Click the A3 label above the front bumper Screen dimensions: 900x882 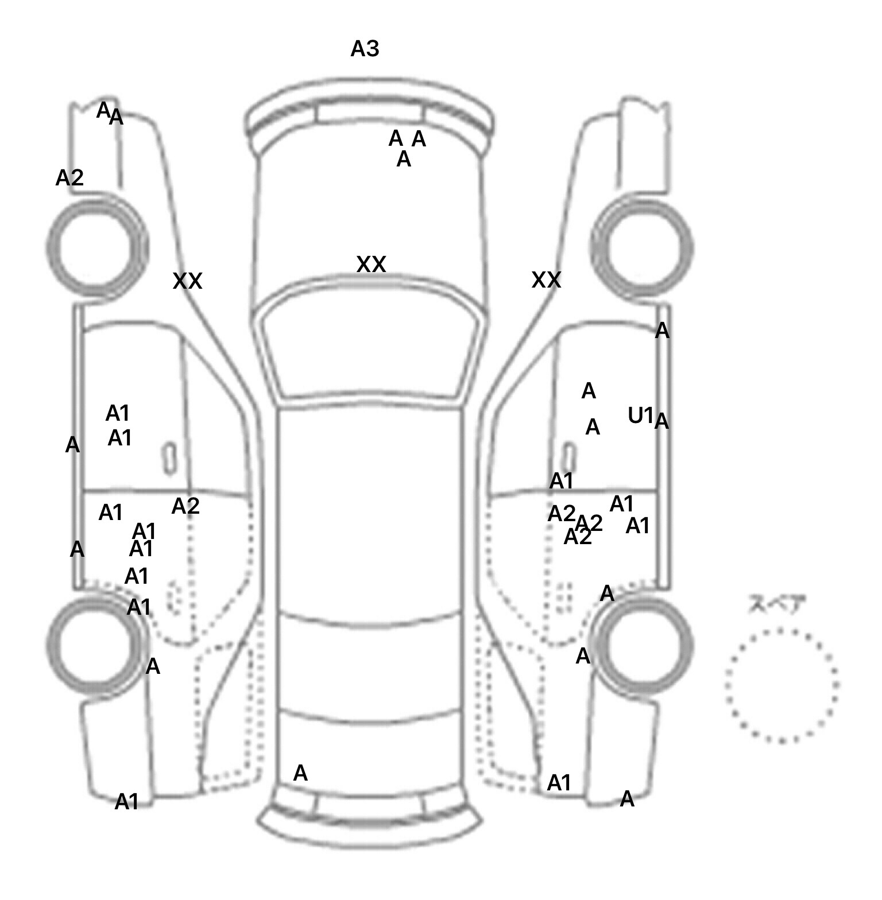(x=365, y=49)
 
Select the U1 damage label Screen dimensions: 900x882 (x=640, y=415)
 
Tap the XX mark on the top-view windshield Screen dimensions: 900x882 (x=371, y=265)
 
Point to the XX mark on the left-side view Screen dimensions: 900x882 (x=187, y=281)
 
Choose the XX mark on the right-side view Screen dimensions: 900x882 (x=546, y=280)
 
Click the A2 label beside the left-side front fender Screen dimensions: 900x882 (x=69, y=178)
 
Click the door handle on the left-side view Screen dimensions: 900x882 (x=169, y=458)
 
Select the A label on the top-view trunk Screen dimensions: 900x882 (x=300, y=774)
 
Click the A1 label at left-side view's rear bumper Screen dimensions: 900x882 (x=127, y=802)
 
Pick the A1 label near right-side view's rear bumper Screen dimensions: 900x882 (x=559, y=782)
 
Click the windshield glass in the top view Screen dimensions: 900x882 (x=370, y=350)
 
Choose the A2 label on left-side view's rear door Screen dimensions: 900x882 (x=185, y=506)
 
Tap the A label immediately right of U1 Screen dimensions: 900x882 (x=661, y=422)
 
